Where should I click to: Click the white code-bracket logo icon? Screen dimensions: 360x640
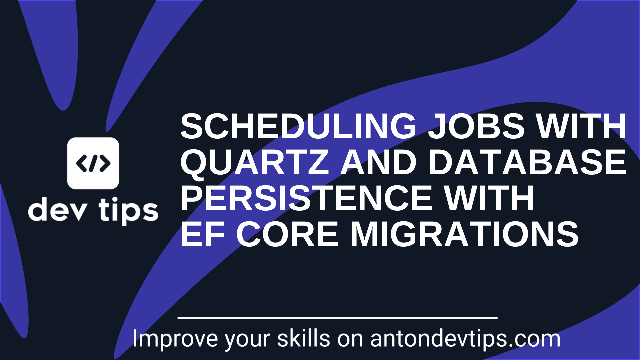click(x=93, y=163)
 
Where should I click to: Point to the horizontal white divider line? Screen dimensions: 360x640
click(x=337, y=318)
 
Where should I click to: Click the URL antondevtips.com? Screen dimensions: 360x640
click(x=465, y=339)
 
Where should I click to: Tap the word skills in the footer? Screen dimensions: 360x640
click(x=303, y=339)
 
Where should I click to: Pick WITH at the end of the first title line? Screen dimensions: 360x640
click(x=582, y=126)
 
